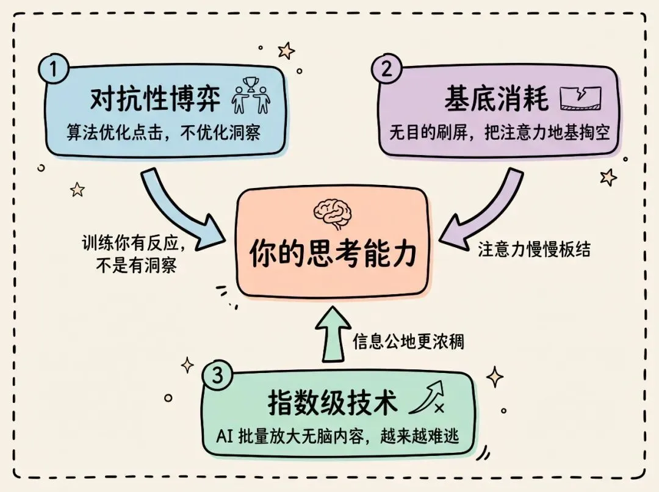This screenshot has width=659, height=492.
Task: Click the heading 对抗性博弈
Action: pyautogui.click(x=155, y=99)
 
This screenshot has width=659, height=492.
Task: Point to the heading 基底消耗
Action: pyautogui.click(x=495, y=99)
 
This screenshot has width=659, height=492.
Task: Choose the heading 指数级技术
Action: pyautogui.click(x=333, y=403)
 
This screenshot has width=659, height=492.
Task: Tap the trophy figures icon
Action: pyautogui.click(x=251, y=96)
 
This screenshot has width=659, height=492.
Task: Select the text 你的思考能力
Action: pyautogui.click(x=332, y=253)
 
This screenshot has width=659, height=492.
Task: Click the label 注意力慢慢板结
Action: pyautogui.click(x=535, y=250)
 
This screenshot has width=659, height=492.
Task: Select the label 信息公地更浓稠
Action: pyautogui.click(x=408, y=341)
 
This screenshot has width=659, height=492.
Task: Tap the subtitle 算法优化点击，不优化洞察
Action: pyautogui.click(x=164, y=132)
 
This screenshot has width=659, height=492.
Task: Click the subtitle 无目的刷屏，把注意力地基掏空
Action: pyautogui.click(x=499, y=132)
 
